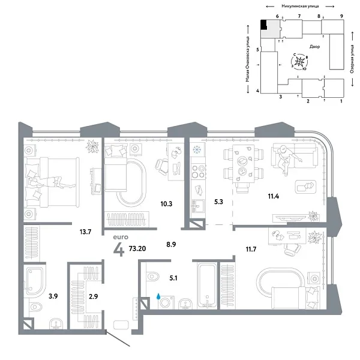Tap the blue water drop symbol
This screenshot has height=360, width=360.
[158, 296]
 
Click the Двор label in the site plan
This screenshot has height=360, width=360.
[316, 46]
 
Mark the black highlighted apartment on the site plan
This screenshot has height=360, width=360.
[264, 25]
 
